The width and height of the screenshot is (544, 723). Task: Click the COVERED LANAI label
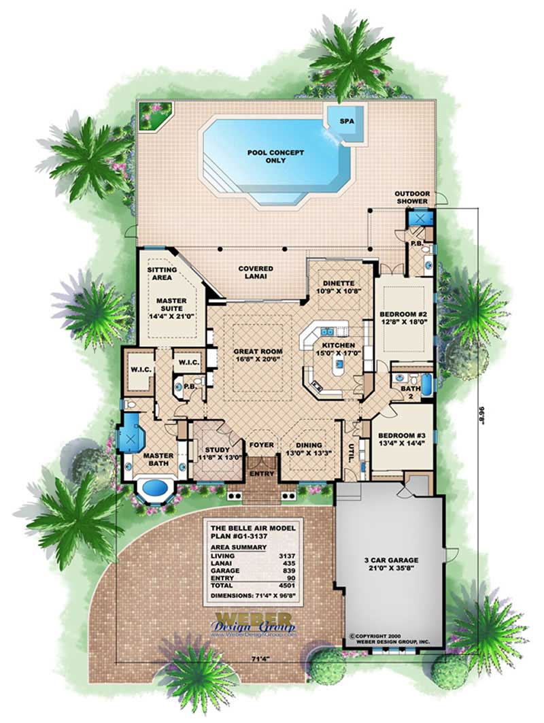pos(256,273)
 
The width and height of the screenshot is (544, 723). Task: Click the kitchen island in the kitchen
pos(338,366)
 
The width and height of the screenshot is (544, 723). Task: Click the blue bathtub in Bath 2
pos(426,384)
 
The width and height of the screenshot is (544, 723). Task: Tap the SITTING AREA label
pos(162,273)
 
